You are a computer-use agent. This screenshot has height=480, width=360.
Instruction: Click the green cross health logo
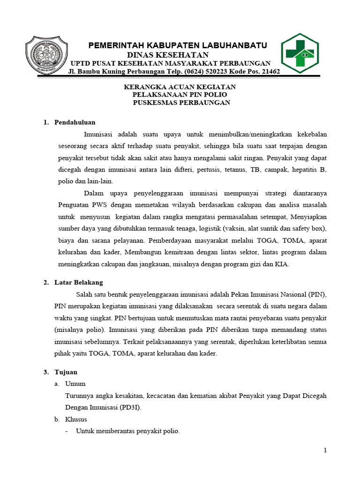coord(300,52)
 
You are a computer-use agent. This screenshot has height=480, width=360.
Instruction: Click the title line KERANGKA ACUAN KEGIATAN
coord(179,87)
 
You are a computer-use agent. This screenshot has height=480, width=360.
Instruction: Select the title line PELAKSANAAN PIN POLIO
coord(179,95)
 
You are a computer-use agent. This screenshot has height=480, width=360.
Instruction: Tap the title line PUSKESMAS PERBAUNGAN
coord(181,102)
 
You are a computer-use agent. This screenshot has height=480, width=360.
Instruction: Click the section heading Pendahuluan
coord(75,122)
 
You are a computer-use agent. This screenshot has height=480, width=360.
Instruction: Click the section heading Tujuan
coord(66,372)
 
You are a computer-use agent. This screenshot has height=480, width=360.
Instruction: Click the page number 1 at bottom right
coord(325,450)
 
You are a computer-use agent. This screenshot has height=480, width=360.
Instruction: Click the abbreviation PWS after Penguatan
coord(100,205)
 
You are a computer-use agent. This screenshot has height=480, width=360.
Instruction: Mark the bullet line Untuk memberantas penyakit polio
coord(127,431)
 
